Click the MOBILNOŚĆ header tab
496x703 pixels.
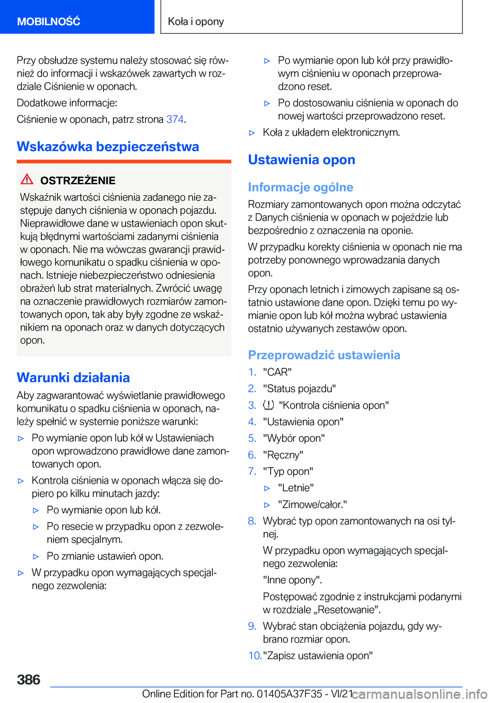click(x=49, y=21)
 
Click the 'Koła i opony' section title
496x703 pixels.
click(x=196, y=21)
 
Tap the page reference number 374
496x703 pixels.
click(x=175, y=119)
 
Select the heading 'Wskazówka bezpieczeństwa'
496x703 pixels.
click(x=107, y=147)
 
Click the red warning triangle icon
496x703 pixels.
click(x=27, y=180)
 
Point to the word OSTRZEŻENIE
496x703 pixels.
click(x=78, y=181)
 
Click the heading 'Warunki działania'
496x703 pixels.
click(x=73, y=377)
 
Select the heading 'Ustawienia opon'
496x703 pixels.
click(x=301, y=159)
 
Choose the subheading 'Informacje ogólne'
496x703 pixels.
click(x=300, y=187)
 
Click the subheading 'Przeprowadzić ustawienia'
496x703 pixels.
click(x=324, y=355)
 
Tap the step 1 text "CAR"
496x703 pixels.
click(x=277, y=372)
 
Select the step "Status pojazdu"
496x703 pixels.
click(x=299, y=389)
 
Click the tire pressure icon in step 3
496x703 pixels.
click(x=268, y=405)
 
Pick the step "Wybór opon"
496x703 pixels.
click(x=293, y=438)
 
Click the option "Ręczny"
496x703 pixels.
click(x=283, y=455)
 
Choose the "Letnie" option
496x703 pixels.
click(x=296, y=488)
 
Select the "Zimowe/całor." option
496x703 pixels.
click(x=312, y=504)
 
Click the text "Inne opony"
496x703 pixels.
click(x=292, y=580)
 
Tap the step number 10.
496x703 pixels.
click(x=254, y=656)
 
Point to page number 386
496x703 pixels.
click(x=28, y=679)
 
